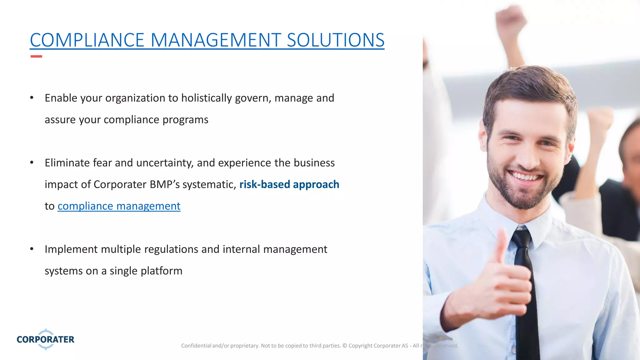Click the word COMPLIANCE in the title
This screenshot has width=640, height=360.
(87, 40)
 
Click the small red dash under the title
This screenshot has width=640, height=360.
(36, 57)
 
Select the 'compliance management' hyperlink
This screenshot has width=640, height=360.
(119, 206)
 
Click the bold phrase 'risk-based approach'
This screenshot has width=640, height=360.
(289, 184)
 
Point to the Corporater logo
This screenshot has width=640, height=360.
(46, 339)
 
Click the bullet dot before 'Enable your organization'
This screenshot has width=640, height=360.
(32, 98)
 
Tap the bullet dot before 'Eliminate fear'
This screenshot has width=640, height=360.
(32, 162)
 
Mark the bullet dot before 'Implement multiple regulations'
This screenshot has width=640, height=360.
(32, 249)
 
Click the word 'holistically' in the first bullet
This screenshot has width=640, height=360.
(206, 98)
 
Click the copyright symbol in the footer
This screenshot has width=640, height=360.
(345, 346)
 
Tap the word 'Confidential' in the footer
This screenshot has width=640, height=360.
(196, 346)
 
